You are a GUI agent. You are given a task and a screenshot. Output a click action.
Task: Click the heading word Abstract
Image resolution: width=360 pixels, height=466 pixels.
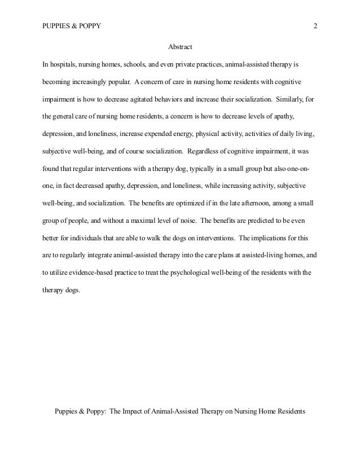point(180,46)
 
